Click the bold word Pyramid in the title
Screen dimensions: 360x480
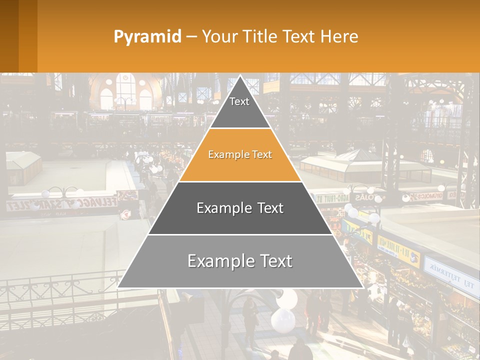pos(147,37)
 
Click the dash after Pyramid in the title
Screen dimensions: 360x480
pos(191,37)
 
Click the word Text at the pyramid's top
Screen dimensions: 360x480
pos(239,101)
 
